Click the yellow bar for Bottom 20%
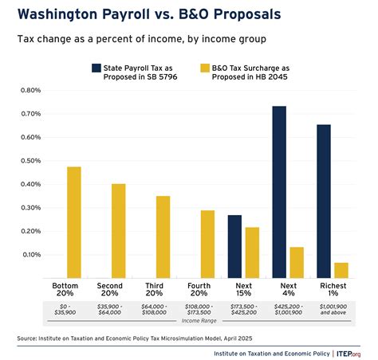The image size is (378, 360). [73, 222]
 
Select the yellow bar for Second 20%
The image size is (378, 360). [118, 231]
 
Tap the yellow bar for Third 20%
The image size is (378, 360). [163, 237]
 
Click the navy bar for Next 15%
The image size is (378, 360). [234, 246]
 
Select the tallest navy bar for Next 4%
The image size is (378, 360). [279, 192]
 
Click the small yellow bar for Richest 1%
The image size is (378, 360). [341, 270]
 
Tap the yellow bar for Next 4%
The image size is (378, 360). [296, 262]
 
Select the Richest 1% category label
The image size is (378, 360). [330, 289]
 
